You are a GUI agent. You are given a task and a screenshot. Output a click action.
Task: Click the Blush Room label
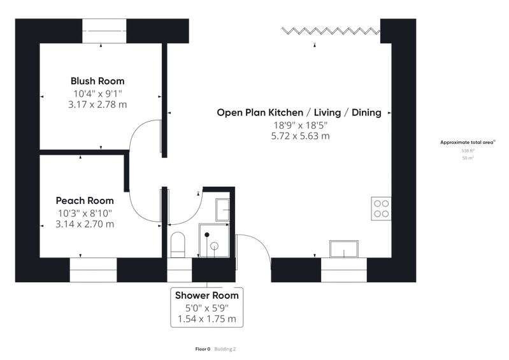(x=97, y=81)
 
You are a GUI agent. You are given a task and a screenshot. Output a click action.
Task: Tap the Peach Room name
(x=85, y=201)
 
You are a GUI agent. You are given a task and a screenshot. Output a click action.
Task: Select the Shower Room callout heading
(x=207, y=296)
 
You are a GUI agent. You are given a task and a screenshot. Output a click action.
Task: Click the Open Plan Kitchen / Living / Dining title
(x=299, y=112)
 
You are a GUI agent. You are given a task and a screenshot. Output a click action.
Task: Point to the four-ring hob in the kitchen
(x=381, y=209)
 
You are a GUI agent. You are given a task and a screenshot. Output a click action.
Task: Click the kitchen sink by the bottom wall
(x=344, y=249)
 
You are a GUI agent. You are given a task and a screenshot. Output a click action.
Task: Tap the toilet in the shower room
(x=178, y=245)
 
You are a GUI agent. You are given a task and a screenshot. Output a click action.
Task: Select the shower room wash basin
(x=223, y=210)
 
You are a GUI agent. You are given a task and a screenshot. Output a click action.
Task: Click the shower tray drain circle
(x=214, y=246)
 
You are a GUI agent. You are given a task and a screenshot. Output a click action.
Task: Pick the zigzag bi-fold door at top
(x=331, y=31)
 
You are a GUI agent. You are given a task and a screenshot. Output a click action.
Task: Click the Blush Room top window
(x=104, y=31)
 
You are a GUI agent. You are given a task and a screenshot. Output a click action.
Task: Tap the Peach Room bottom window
(x=93, y=270)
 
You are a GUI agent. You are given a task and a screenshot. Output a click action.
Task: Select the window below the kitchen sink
(x=344, y=270)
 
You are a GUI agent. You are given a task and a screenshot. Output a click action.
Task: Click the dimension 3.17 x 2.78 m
(x=97, y=104)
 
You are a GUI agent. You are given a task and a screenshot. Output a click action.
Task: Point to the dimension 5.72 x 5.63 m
(x=300, y=136)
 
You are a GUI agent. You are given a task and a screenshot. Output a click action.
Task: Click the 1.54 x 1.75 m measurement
(x=207, y=319)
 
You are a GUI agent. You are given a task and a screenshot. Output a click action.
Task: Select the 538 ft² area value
(x=468, y=150)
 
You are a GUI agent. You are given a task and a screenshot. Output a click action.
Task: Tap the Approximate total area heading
(x=468, y=142)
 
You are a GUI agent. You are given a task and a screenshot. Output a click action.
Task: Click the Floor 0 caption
(x=203, y=349)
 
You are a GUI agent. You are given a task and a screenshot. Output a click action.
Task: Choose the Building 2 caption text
(x=225, y=349)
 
